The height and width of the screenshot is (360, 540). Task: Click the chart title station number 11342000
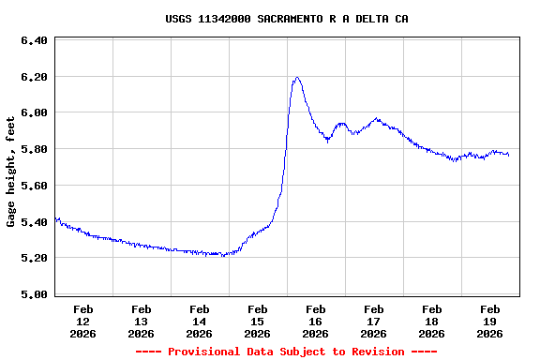[224, 19]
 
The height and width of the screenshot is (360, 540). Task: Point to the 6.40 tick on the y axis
[34, 41]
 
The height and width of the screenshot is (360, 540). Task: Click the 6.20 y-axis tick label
[34, 77]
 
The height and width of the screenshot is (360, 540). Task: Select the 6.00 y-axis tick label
[34, 113]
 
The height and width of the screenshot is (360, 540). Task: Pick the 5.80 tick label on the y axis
[34, 149]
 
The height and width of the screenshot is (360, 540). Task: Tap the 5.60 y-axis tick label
[34, 186]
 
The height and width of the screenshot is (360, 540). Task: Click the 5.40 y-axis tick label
[34, 222]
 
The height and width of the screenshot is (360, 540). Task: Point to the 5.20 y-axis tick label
[34, 258]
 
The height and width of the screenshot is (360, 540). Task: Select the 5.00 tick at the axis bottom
[34, 294]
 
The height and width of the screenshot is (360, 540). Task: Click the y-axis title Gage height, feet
[11, 172]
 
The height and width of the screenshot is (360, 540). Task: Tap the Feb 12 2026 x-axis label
[82, 321]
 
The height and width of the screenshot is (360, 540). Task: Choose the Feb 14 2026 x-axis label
[199, 321]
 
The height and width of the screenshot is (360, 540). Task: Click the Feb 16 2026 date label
[315, 321]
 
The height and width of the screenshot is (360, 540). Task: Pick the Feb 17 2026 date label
[373, 321]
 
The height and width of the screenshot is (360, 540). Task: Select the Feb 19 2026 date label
[489, 321]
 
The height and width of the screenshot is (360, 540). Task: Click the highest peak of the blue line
[297, 78]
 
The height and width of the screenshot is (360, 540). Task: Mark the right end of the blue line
[509, 155]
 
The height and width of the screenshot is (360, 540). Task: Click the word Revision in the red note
[376, 352]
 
